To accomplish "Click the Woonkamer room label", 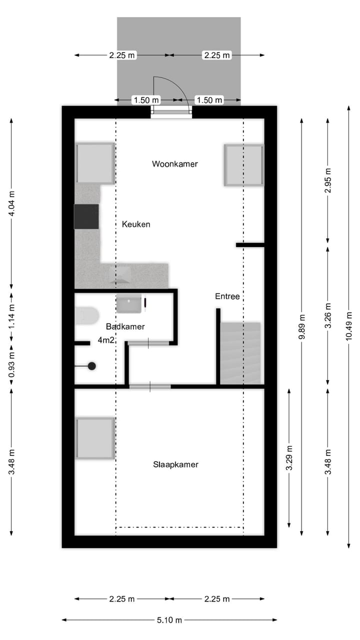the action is [175, 164].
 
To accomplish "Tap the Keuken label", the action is [136, 224].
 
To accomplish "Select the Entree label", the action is [227, 296].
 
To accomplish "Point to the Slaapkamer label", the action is [175, 464].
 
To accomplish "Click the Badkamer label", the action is [125, 326].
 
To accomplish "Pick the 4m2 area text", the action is [106, 340].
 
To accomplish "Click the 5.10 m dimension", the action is [169, 620].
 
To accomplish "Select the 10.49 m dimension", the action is [349, 326].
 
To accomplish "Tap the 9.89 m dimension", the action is [302, 327].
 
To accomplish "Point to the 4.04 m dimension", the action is [11, 203].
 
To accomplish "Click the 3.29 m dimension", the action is [289, 458].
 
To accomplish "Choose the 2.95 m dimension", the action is [328, 180].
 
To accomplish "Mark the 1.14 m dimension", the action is [11, 316].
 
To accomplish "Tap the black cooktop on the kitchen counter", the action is [86, 216].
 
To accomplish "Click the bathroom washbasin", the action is [129, 303].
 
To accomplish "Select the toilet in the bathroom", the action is [87, 315].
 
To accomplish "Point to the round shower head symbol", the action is [91, 366].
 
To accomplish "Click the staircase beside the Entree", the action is [240, 353].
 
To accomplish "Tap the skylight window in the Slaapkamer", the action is [95, 438].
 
